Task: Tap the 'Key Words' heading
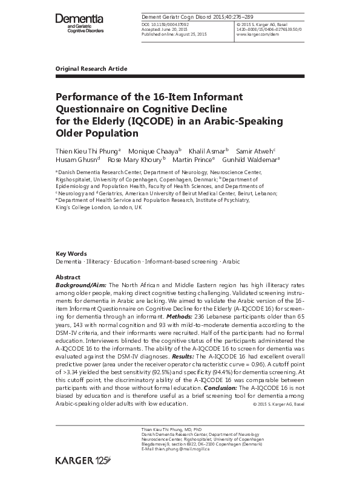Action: click(x=71, y=253)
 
